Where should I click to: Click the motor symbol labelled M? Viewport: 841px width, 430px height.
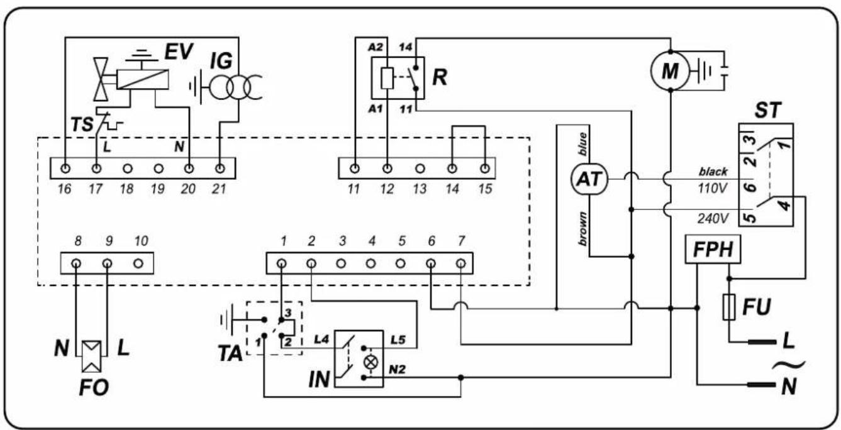tap(670, 70)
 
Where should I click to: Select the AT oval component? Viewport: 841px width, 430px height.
tap(589, 179)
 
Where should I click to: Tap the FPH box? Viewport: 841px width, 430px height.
tap(713, 249)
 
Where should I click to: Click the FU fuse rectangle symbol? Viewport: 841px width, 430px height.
tap(729, 307)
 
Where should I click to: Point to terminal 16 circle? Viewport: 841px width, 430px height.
tap(65, 168)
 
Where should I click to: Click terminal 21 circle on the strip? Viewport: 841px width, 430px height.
tap(220, 168)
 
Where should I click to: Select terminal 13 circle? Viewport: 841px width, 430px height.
tap(420, 169)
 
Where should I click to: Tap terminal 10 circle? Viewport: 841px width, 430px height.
tap(138, 263)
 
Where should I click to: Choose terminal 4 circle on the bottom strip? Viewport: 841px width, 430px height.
tap(370, 264)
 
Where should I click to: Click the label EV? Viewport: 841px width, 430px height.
tap(179, 51)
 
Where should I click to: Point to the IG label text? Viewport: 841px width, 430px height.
tap(221, 61)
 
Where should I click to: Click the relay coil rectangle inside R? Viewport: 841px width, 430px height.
tap(387, 78)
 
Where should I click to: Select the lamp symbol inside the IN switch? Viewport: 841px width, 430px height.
tap(370, 363)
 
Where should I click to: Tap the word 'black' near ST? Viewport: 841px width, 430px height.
tap(713, 172)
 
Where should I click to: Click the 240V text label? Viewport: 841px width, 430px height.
tap(713, 218)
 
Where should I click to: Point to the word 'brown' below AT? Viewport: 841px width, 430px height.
tap(582, 229)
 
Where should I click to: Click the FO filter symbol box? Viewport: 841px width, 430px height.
tap(92, 356)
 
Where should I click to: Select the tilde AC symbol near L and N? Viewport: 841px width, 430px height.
tap(788, 365)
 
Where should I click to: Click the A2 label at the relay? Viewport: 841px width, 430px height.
tap(375, 47)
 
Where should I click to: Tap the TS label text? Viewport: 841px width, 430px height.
tap(82, 124)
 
